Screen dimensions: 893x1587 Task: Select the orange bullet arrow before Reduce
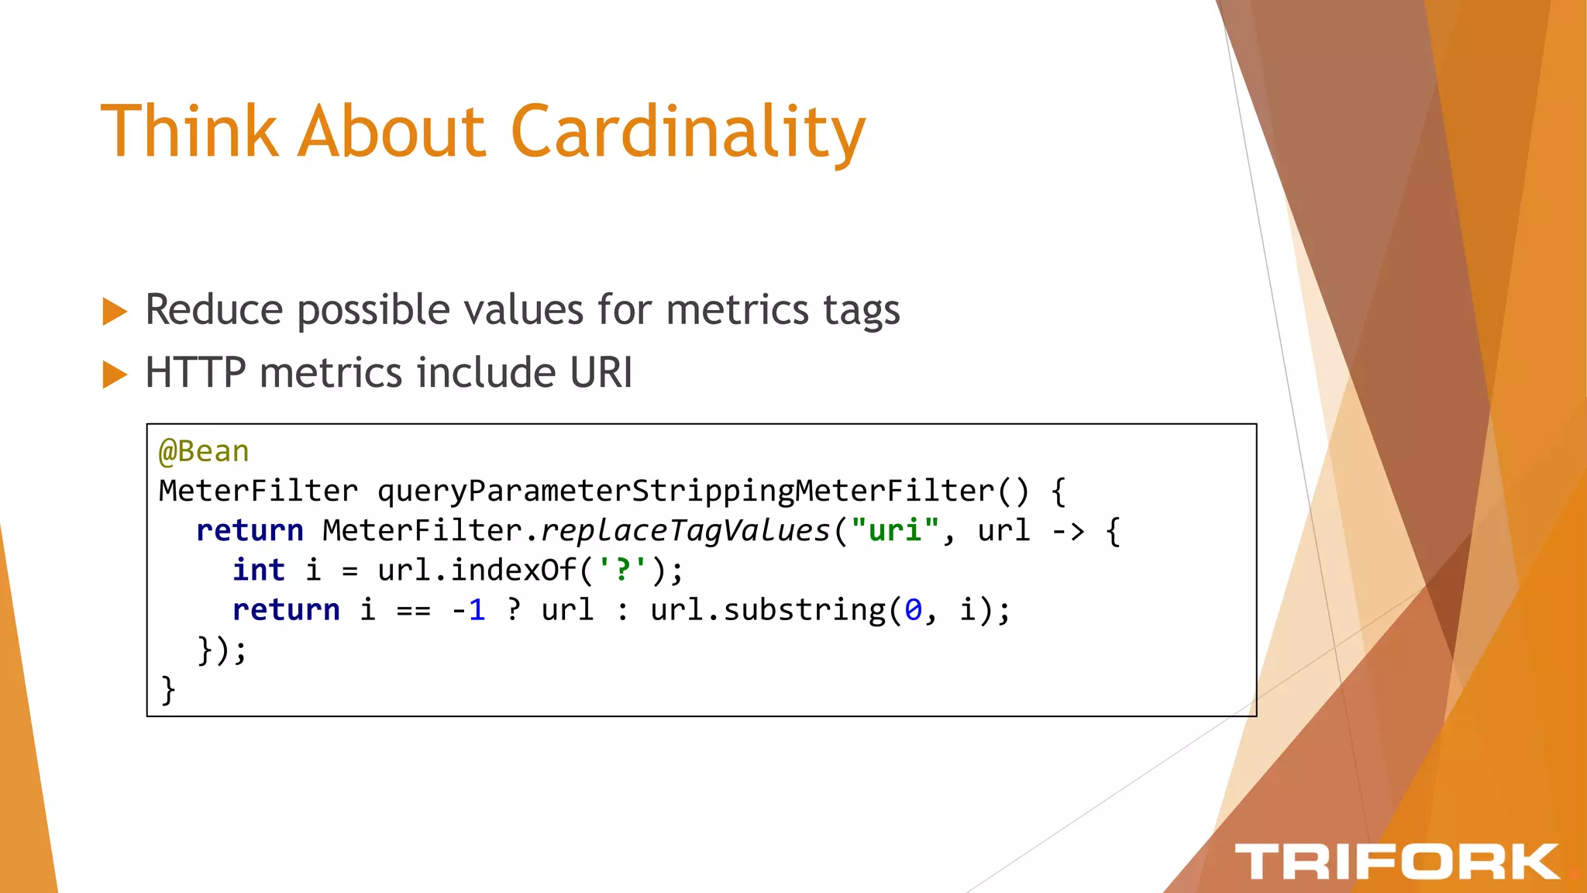115,312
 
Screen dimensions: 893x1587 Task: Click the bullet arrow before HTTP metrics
115,374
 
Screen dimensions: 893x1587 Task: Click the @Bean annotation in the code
204,451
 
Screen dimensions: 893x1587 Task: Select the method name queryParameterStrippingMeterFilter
686,491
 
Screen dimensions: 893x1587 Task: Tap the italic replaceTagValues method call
685,531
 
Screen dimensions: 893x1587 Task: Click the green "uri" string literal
895,531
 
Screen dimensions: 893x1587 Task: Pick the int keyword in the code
259,571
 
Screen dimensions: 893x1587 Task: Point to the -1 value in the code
468,610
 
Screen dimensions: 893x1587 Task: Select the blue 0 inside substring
914,610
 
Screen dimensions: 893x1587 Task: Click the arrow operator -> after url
1068,531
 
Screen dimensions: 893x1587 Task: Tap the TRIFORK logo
1396,861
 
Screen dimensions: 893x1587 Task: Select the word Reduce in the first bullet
215,310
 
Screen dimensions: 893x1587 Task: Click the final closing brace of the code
167,690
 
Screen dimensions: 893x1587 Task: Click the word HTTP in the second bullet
195,373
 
